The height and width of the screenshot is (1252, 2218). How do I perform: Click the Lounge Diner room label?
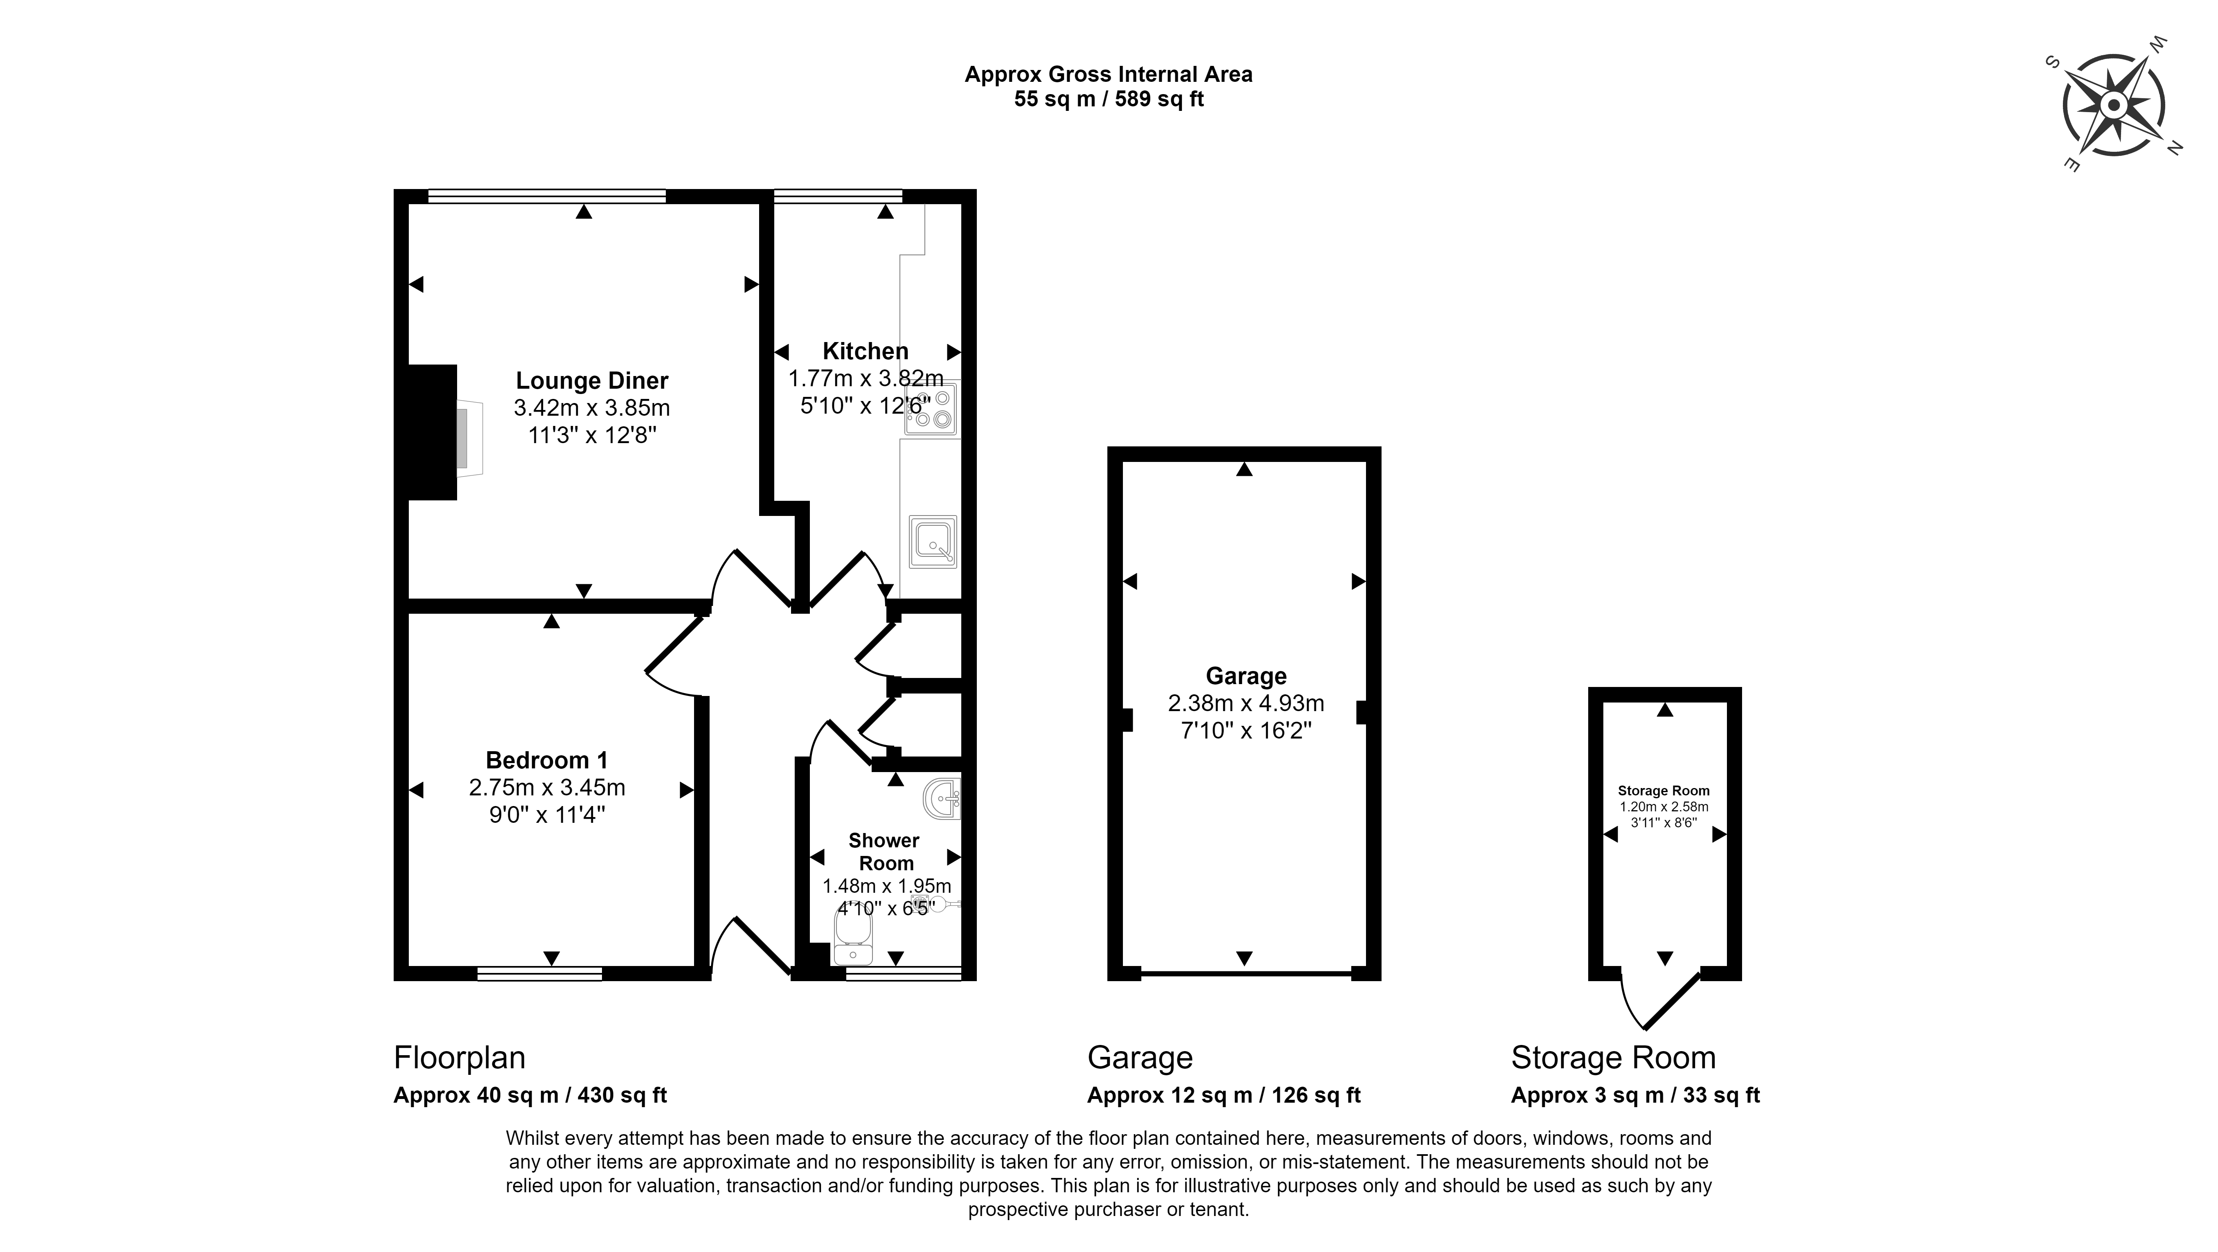[591, 381]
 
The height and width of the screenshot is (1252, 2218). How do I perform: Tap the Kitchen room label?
[866, 351]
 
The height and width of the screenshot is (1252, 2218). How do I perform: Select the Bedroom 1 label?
[547, 760]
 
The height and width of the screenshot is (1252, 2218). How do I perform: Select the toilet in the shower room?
[853, 938]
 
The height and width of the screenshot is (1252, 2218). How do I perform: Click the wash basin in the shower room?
[943, 798]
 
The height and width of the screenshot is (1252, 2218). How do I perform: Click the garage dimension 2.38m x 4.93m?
[1246, 703]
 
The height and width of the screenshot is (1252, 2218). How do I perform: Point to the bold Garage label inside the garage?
[1246, 677]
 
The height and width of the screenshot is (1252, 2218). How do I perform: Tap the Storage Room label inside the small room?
[1663, 790]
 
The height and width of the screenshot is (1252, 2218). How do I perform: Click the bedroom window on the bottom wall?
[540, 974]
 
